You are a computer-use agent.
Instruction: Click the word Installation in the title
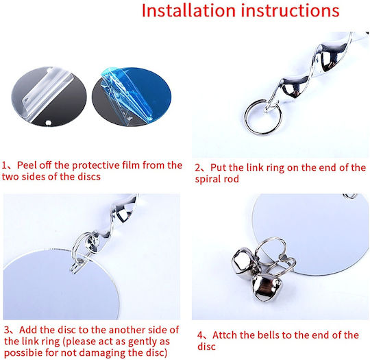point(188,11)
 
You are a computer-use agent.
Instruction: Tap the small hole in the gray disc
point(49,123)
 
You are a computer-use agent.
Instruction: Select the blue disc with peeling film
point(132,97)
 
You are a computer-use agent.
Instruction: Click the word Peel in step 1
point(27,165)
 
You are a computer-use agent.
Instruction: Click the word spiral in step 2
point(208,179)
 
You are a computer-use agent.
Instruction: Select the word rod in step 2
point(232,179)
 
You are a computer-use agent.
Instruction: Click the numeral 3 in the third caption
point(7,330)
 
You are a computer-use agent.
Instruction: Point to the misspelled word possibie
point(23,353)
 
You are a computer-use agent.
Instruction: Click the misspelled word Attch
point(227,335)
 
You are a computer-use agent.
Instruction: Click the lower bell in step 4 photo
point(266,288)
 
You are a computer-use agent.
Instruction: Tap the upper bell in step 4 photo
point(245,261)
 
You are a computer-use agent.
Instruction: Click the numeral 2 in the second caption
point(197,168)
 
